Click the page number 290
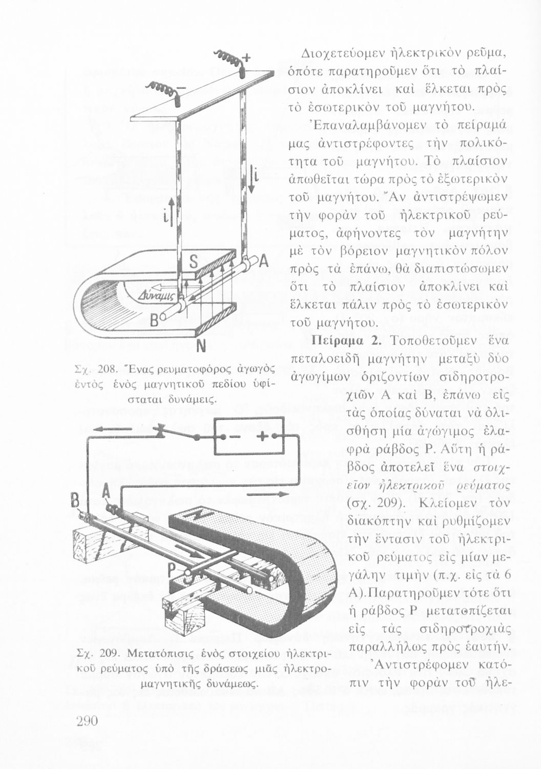click(90, 720)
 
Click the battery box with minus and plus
click(248, 436)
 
